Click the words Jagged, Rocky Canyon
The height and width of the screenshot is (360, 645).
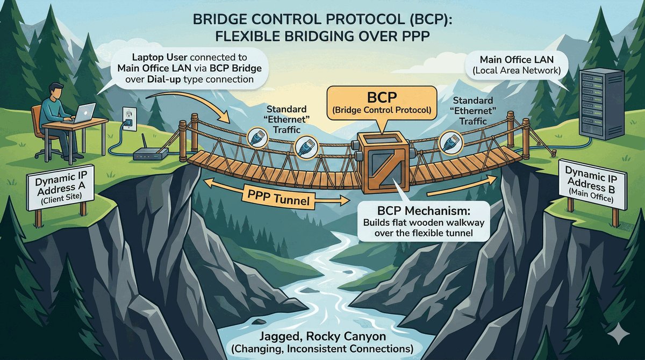pos(322,336)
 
